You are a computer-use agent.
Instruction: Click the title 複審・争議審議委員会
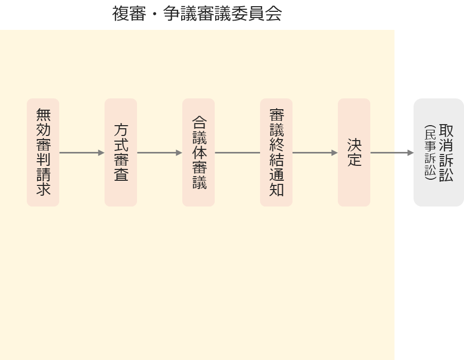tap(197, 13)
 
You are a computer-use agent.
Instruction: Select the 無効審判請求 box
tap(43, 152)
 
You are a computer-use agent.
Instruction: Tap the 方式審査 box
tap(121, 152)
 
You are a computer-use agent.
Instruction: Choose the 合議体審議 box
tap(199, 152)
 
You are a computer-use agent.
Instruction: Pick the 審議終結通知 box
tap(277, 152)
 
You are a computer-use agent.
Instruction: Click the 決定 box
tap(354, 152)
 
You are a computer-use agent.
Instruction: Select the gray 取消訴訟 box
tap(439, 152)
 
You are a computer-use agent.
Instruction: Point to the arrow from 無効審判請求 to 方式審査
tap(82, 153)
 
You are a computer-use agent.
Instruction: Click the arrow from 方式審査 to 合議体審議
tap(160, 153)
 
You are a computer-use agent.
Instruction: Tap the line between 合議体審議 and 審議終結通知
tap(237, 153)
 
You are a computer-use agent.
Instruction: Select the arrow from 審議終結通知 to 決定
tap(315, 153)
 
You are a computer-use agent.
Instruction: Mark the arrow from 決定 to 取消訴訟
tap(392, 153)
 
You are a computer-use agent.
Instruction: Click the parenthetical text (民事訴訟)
tap(430, 152)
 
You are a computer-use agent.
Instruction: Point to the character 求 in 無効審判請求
tap(43, 188)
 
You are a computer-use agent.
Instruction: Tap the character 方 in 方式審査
tap(121, 130)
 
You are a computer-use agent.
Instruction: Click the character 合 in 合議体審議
tap(199, 122)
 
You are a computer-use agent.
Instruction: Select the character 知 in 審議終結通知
tap(277, 190)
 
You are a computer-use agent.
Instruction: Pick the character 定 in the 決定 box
tap(354, 160)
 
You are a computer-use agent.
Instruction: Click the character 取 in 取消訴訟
tap(446, 130)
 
